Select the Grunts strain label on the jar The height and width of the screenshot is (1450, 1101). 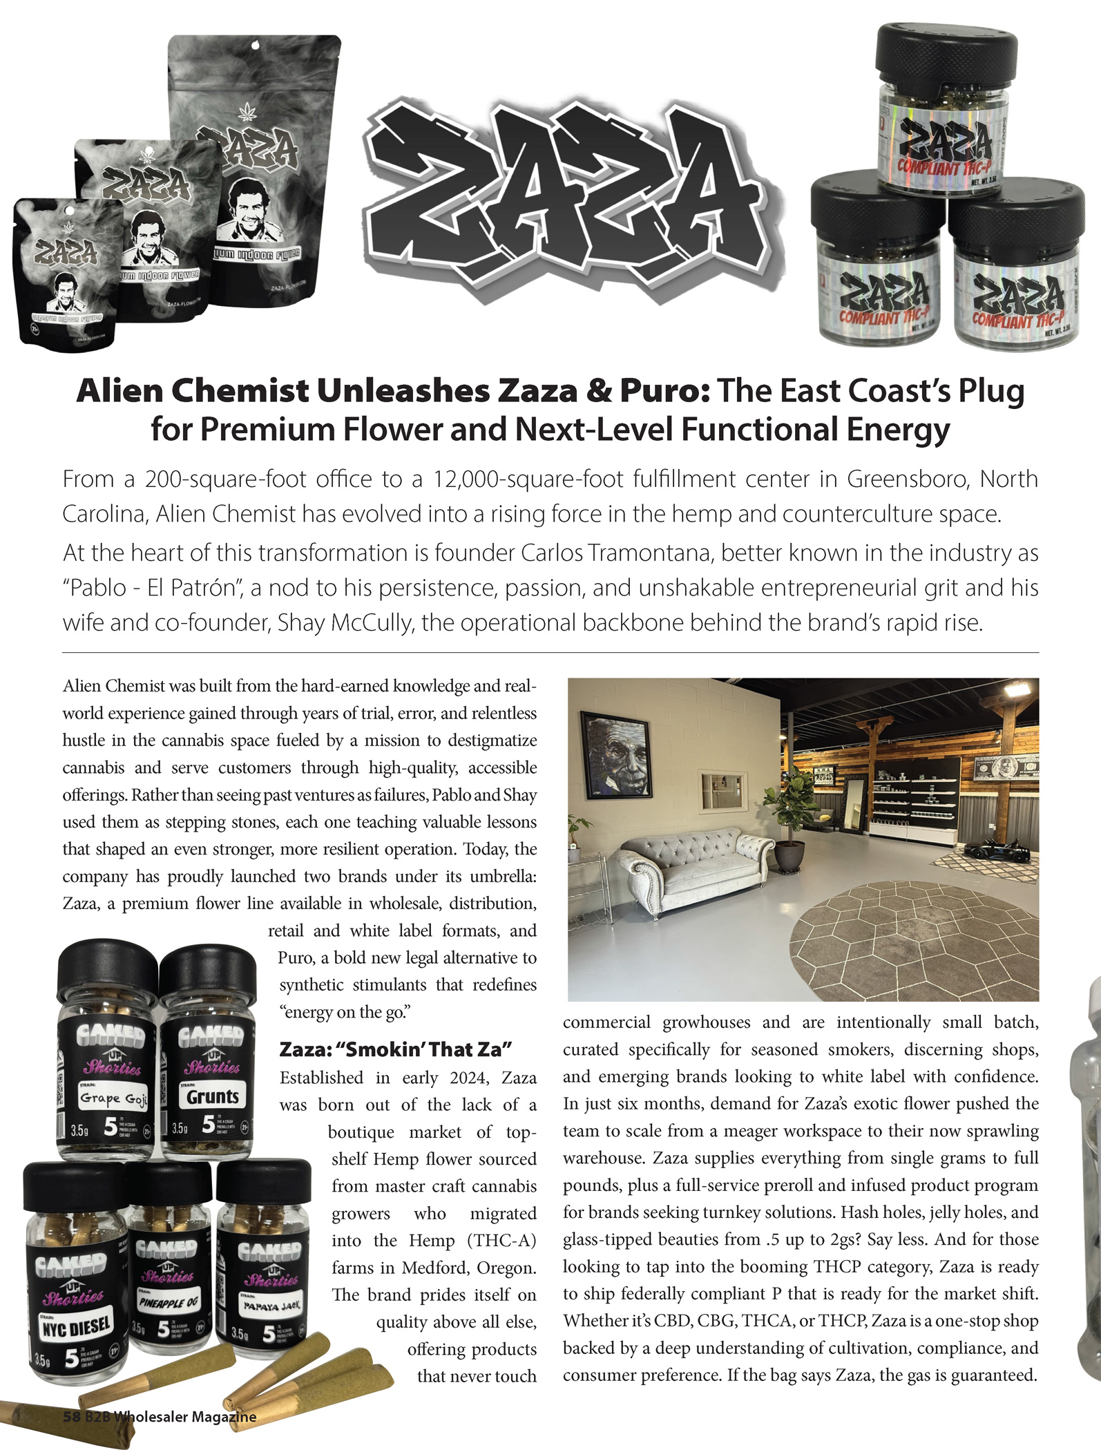pyautogui.click(x=212, y=1096)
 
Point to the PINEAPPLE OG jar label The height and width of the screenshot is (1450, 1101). pyautogui.click(x=168, y=1301)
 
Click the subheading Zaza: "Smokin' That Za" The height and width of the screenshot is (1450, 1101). pyautogui.click(x=395, y=1049)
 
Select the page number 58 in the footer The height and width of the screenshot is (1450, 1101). pyautogui.click(x=72, y=1417)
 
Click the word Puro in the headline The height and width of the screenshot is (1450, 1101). pyautogui.click(x=662, y=391)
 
